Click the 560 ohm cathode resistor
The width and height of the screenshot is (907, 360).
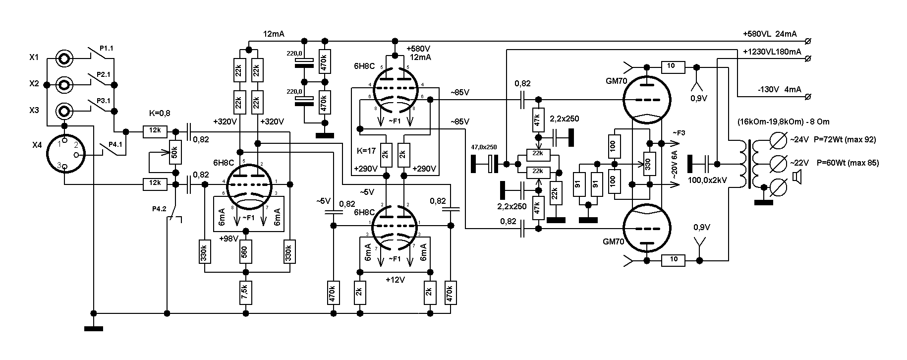(245, 252)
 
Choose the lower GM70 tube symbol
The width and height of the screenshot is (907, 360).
(646, 228)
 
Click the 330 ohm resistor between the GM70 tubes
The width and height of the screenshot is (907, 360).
(646, 163)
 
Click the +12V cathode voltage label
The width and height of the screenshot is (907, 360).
(395, 280)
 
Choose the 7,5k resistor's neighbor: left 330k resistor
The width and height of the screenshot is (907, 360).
(205, 252)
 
